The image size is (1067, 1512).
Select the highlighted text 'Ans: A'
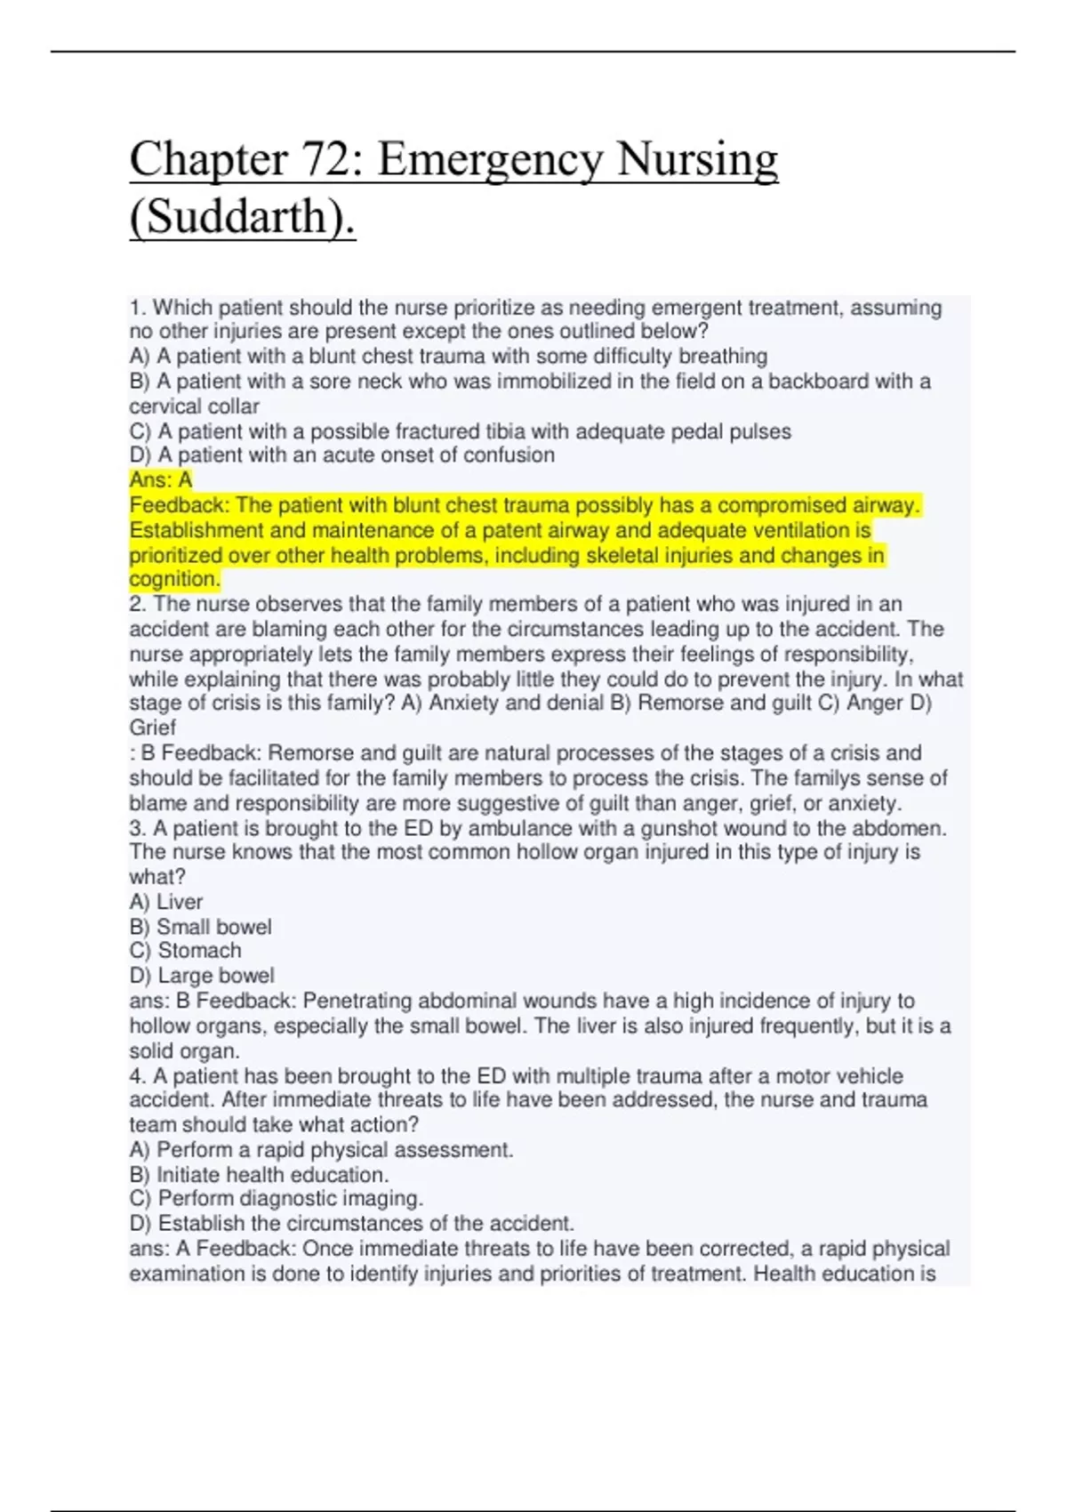161,480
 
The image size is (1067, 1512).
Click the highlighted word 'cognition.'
174,579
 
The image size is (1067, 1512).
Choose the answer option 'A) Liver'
166,902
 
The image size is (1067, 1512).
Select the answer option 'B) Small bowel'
201,927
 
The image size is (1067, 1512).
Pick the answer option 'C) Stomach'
186,951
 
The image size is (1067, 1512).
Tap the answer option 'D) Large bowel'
202,976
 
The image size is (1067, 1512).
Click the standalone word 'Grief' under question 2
153,728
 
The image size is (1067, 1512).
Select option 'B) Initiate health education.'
259,1175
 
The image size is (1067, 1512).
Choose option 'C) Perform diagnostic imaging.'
277,1199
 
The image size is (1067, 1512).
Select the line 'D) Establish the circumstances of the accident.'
351,1224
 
